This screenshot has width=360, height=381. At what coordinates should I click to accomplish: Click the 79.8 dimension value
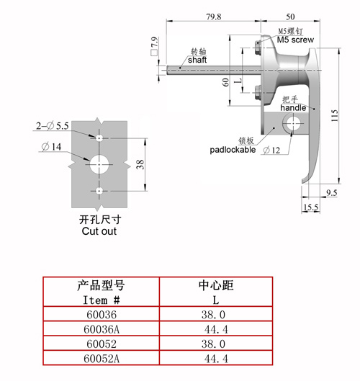pyautogui.click(x=214, y=17)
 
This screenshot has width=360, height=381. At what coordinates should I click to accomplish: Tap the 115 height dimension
pyautogui.click(x=335, y=115)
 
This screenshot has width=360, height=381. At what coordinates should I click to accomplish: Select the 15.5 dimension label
pyautogui.click(x=311, y=207)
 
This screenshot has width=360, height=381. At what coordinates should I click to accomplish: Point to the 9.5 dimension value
pyautogui.click(x=332, y=193)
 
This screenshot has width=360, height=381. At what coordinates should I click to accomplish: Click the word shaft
pyautogui.click(x=197, y=60)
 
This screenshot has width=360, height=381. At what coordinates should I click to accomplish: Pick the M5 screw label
pyautogui.click(x=295, y=40)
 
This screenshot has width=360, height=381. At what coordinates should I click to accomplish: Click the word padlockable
pyautogui.click(x=233, y=150)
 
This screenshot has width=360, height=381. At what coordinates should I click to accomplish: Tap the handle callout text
pyautogui.click(x=293, y=107)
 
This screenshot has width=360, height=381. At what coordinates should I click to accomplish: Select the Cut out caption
pyautogui.click(x=99, y=231)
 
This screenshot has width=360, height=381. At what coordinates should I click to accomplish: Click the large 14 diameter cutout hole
pyautogui.click(x=99, y=164)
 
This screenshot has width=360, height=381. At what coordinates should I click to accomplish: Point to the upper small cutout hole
pyautogui.click(x=99, y=138)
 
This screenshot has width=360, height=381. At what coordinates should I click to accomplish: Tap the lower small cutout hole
pyautogui.click(x=99, y=191)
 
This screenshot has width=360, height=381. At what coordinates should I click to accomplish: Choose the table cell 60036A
pyautogui.click(x=102, y=329)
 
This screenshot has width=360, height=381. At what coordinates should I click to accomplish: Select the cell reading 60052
pyautogui.click(x=102, y=344)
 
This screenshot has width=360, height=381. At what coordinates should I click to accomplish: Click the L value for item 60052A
pyautogui.click(x=216, y=359)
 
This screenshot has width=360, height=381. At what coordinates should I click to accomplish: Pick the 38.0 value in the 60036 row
pyautogui.click(x=213, y=315)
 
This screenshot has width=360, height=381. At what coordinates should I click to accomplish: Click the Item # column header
pyautogui.click(x=102, y=300)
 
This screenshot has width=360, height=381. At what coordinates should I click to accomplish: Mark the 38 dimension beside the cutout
pyautogui.click(x=140, y=164)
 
